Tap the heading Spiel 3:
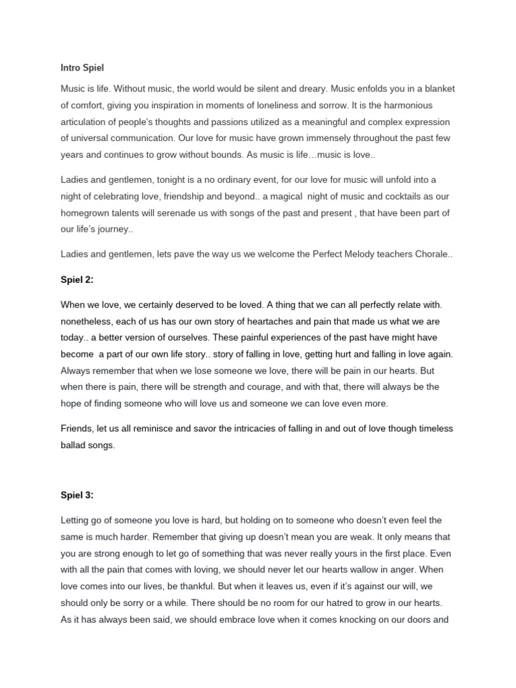point(77,495)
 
